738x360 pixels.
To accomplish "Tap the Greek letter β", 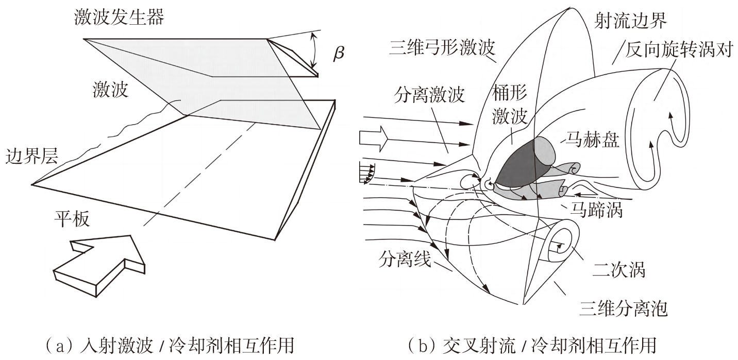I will click(339, 54).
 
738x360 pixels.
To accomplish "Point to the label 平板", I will click(72, 220).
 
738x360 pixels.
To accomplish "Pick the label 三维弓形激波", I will click(442, 48).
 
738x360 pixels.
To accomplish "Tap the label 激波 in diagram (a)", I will click(108, 91).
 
